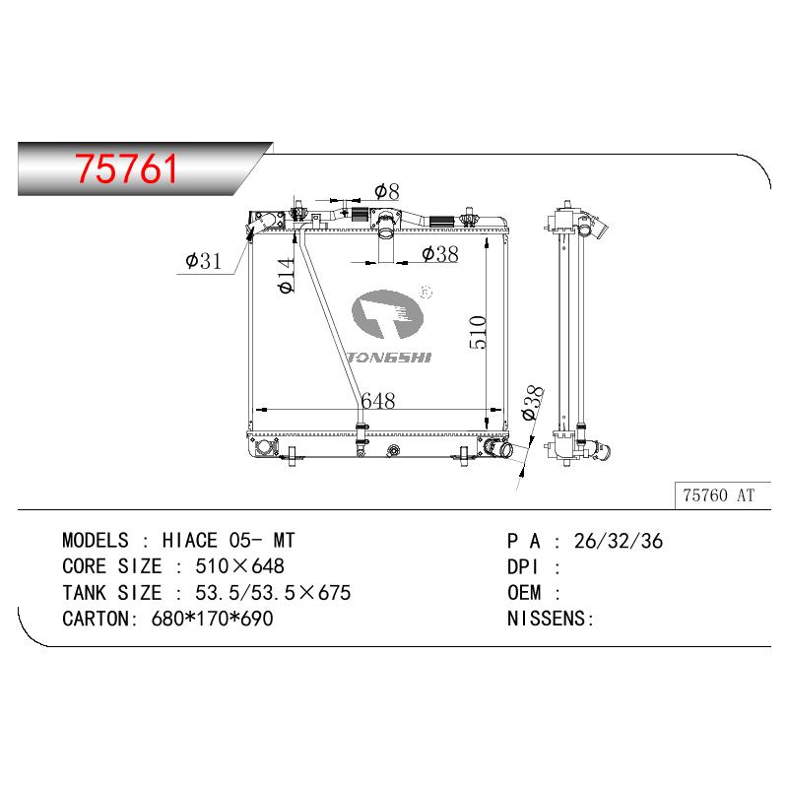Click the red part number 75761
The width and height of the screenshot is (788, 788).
[x=126, y=168]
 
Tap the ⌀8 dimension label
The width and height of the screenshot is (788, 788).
[x=387, y=191]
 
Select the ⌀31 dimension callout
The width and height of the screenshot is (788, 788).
[x=203, y=261]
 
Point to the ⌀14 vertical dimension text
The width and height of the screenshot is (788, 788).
[x=286, y=275]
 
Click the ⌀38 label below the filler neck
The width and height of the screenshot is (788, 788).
[x=440, y=254]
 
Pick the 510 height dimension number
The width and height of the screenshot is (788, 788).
[x=478, y=332]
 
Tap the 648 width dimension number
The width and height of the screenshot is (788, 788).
[x=378, y=401]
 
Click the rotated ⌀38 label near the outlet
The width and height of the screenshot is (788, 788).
[x=533, y=403]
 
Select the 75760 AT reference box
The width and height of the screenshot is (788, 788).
[x=722, y=495]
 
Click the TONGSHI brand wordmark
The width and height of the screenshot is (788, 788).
[x=389, y=358]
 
